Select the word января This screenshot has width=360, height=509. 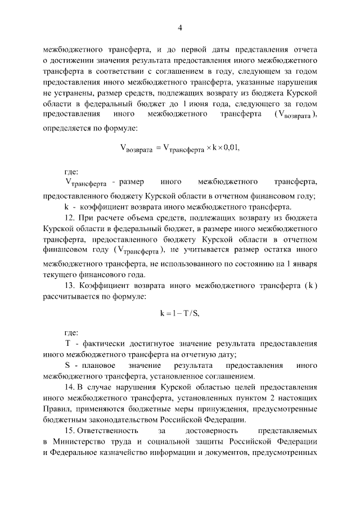(301, 265)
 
